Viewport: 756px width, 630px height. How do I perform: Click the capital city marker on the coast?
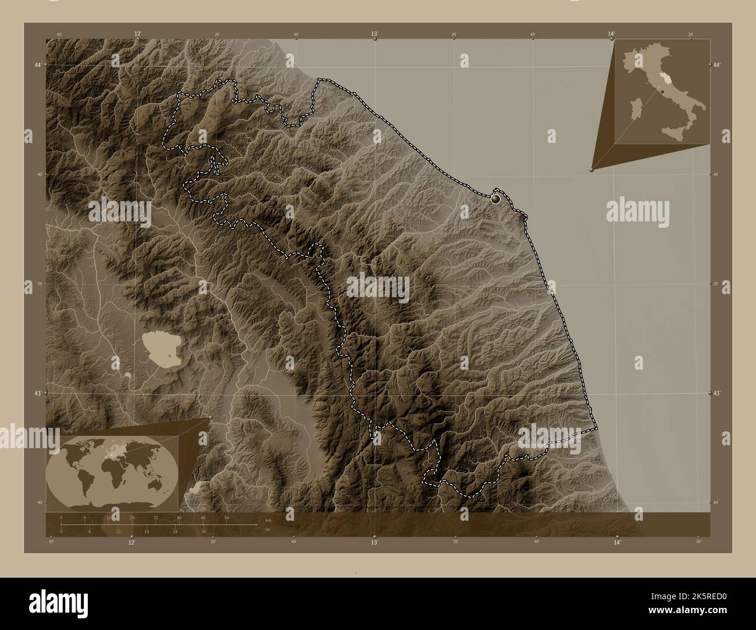[x=495, y=199]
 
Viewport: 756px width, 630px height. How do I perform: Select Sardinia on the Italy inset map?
[x=641, y=108]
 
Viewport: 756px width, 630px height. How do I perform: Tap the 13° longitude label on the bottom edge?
[x=375, y=542]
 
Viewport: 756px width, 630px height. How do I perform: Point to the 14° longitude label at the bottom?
[x=617, y=542]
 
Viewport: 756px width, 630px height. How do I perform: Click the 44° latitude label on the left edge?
[x=38, y=65]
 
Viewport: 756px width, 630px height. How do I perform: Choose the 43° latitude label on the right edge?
[x=718, y=393]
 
